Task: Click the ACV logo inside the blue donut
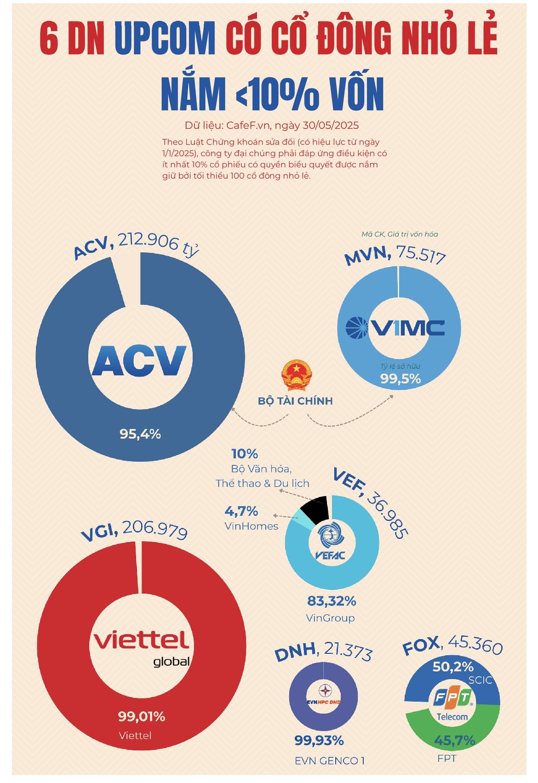point(140,360)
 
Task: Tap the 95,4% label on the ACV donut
point(140,434)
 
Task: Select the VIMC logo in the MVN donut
point(395,328)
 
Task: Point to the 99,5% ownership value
point(400,379)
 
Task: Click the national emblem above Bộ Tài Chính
point(296,375)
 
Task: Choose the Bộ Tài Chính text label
point(295,401)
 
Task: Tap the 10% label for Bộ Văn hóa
point(245,454)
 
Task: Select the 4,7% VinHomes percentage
point(241,511)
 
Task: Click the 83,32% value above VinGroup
point(332,601)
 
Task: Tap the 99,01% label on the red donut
point(142,716)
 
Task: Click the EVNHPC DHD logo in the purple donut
point(323,696)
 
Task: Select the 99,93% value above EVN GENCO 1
point(319,740)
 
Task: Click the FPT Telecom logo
point(452,704)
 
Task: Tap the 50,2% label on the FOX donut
point(453,666)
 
